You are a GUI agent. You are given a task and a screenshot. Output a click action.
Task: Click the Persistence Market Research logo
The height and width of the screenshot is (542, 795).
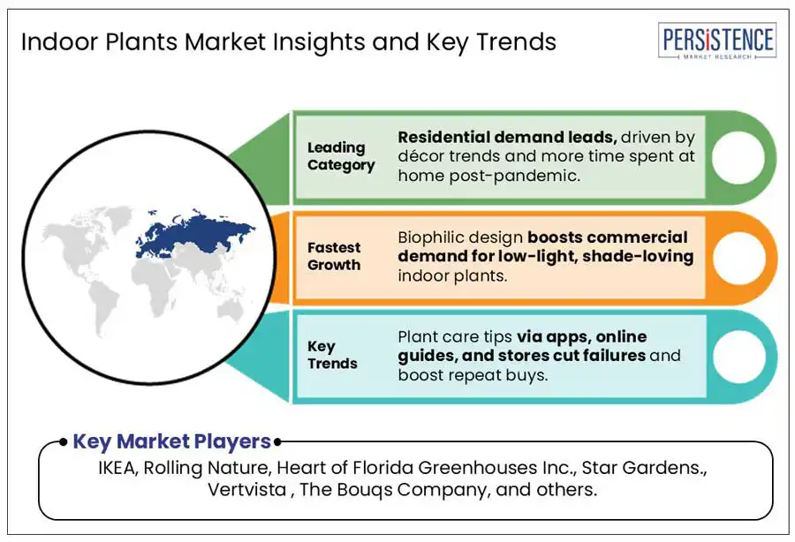717,41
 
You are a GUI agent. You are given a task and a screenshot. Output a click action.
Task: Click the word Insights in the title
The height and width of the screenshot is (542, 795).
318,41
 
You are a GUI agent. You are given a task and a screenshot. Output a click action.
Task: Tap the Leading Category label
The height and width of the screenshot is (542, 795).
341,156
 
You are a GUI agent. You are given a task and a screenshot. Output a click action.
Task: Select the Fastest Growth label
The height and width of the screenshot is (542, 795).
334,256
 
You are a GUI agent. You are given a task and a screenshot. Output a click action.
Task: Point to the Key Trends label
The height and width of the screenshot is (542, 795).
332,355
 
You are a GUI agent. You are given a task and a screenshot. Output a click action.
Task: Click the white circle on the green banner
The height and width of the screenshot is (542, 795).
738,157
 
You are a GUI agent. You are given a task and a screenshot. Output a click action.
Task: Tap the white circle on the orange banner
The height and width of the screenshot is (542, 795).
739,258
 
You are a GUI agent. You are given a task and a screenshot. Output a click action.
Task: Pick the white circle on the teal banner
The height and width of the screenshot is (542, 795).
739,357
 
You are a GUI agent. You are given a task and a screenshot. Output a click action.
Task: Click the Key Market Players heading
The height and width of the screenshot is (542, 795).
172,441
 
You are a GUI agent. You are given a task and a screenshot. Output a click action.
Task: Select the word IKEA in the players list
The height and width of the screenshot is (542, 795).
117,468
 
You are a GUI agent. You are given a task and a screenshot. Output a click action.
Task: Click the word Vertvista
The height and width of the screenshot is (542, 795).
247,489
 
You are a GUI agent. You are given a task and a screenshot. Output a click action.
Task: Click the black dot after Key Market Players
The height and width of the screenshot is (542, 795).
277,442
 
